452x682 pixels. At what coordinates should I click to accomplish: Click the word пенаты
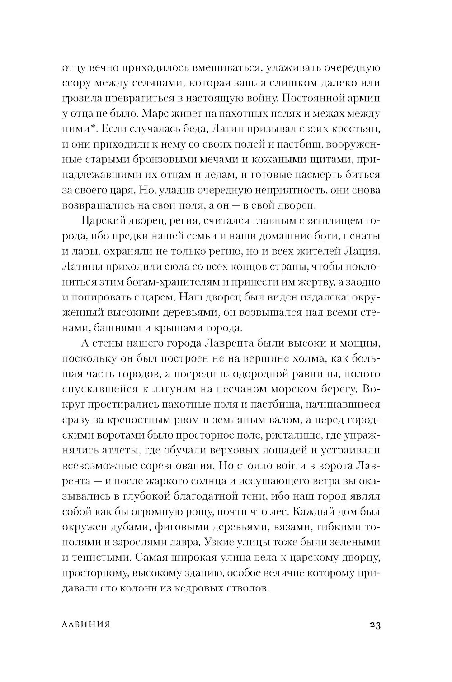point(364,236)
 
